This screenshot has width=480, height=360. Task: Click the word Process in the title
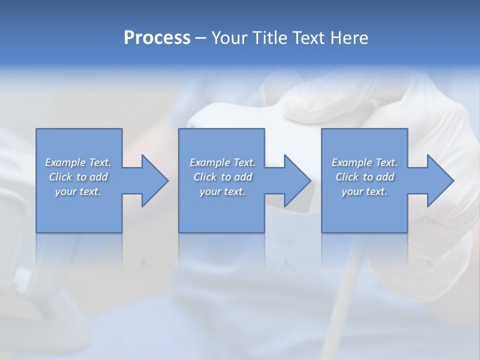coord(157,38)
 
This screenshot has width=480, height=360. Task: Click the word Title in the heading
coord(268,38)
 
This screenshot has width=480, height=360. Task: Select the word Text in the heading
coord(308,38)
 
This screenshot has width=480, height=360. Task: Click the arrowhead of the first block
coord(154,180)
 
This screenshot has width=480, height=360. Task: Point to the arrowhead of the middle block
coord(296,180)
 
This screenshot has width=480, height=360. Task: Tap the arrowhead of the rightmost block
coord(439,180)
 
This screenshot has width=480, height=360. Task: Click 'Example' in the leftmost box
coord(65,162)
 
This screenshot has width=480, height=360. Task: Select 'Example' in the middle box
coord(210,162)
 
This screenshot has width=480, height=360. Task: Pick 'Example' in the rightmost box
coord(352,162)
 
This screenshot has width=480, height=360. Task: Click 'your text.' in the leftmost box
coord(78,191)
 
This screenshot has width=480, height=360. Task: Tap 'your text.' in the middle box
coord(222,191)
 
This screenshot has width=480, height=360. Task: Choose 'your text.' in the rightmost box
coord(364,191)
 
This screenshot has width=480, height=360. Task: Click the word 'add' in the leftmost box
coord(99,177)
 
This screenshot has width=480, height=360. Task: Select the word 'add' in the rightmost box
coord(385,177)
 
